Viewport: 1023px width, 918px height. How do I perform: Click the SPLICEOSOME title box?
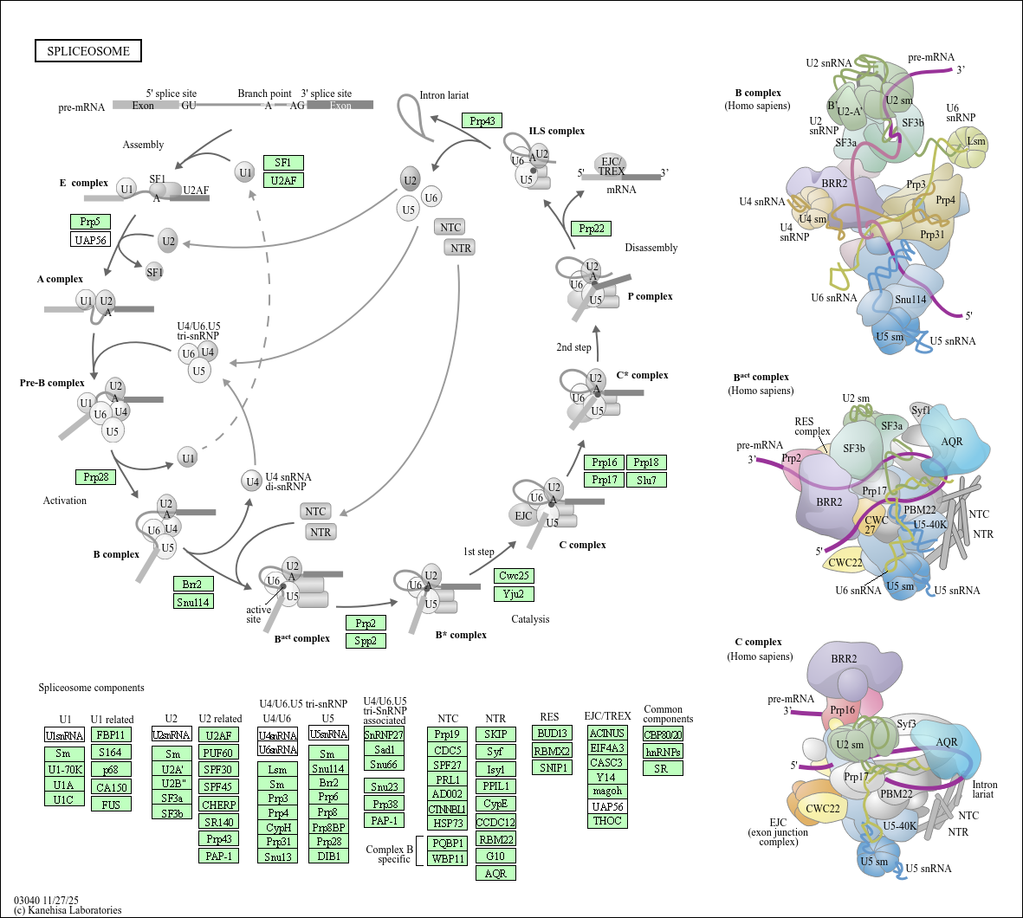[x=88, y=51]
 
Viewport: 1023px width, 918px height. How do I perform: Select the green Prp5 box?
[x=90, y=222]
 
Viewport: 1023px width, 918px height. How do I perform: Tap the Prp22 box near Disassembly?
[x=592, y=229]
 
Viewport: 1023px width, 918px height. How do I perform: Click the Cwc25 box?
[x=514, y=576]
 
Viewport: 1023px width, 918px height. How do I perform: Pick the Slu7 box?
[x=646, y=480]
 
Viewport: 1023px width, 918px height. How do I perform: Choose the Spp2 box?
[x=366, y=641]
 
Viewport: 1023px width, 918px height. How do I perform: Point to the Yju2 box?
[x=514, y=594]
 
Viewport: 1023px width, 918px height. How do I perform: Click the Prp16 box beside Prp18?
[x=605, y=462]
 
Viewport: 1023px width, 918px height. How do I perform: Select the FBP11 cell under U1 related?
[x=111, y=735]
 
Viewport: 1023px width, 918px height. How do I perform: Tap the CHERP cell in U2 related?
[x=218, y=805]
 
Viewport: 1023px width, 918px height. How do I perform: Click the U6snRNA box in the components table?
[x=277, y=750]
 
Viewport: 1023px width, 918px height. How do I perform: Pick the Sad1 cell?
[x=385, y=750]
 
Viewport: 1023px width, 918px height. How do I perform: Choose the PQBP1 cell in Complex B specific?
[x=448, y=843]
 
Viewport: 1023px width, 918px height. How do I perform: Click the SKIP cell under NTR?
[x=495, y=734]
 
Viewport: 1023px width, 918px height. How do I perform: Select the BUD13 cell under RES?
[x=552, y=734]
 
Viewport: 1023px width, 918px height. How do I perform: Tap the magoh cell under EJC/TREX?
[x=607, y=792]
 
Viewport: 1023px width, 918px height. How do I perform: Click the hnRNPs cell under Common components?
[x=663, y=752]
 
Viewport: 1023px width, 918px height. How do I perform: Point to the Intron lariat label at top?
[x=444, y=95]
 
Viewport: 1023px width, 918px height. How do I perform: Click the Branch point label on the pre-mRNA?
[x=264, y=94]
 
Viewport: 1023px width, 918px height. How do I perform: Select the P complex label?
[x=650, y=296]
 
